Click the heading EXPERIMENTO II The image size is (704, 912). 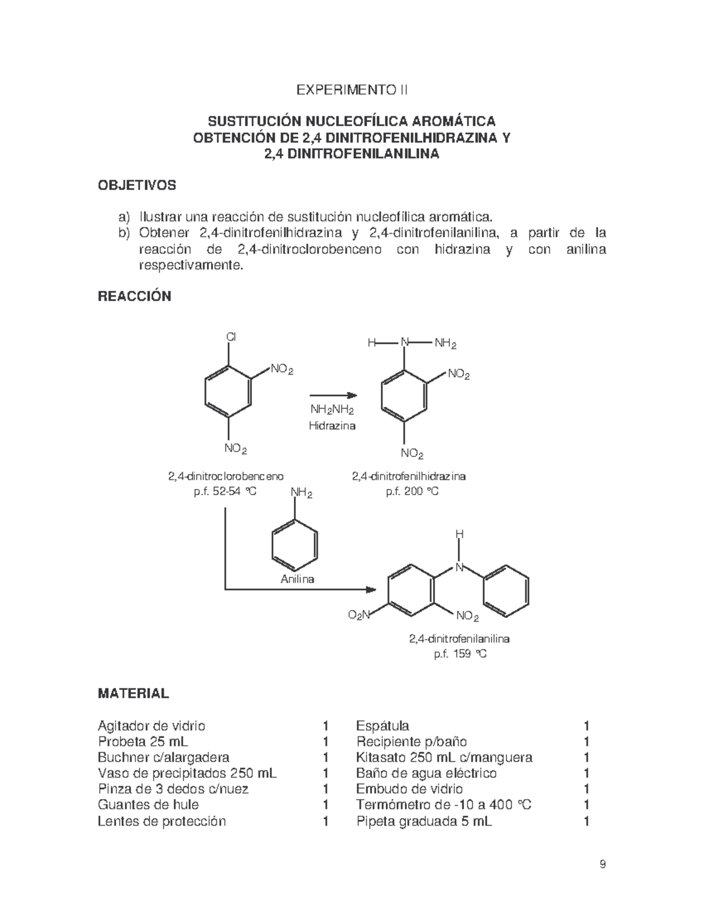point(351,90)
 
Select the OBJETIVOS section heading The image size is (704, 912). point(137,186)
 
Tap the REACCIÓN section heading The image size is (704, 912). point(134,296)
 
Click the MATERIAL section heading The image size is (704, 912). point(133,694)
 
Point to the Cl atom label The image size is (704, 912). point(231,337)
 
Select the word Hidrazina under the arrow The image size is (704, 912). point(332,425)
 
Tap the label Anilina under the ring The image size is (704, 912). point(297,579)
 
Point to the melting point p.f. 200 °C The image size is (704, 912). point(412,491)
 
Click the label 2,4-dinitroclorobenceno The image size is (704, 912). point(226,476)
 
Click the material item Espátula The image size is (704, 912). point(383,726)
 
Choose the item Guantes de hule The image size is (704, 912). point(148,805)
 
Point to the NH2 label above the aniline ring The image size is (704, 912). point(301,493)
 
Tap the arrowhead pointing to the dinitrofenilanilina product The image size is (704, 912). point(371,589)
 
